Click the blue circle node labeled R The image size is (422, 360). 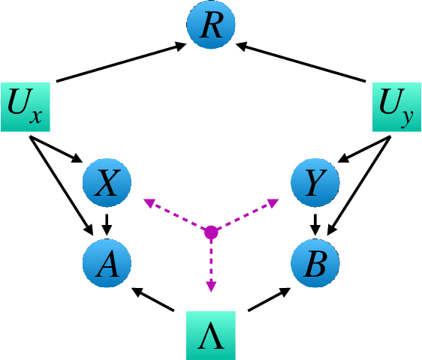211,28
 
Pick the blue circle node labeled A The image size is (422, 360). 107,261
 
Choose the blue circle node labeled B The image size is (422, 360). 315,261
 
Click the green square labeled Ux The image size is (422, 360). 25,106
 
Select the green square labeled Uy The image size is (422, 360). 397,106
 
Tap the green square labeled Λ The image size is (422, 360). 211,335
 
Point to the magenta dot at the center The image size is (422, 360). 211,232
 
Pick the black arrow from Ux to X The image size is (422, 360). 57,149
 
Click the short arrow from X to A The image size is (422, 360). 107,223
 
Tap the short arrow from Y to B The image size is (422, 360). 315,223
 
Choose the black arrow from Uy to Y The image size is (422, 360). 365,149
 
